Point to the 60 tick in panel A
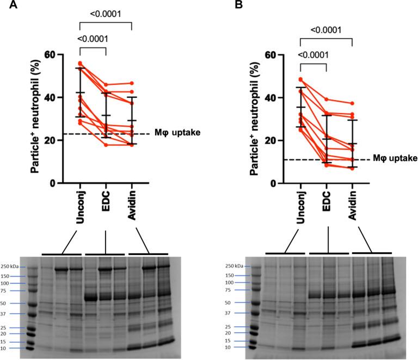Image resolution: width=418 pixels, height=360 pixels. click(x=63, y=55)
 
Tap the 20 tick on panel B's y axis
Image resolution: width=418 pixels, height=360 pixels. click(x=283, y=140)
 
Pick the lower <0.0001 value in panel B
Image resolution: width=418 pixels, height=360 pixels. click(x=313, y=55)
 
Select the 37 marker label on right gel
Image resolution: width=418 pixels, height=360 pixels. click(x=235, y=313)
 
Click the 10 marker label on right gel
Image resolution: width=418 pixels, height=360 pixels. click(x=235, y=346)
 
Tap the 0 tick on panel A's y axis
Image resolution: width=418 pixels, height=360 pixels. click(x=67, y=183)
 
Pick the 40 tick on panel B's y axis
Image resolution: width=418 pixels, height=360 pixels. click(x=283, y=98)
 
